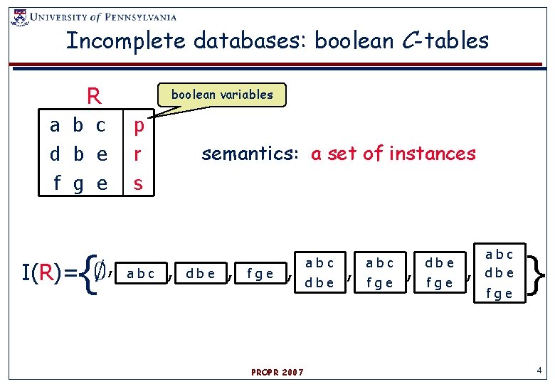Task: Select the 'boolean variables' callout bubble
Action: pos(222,95)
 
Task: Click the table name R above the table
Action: pos(92,95)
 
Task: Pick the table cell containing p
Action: pos(139,126)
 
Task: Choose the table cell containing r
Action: pos(139,154)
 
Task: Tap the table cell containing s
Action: pos(139,183)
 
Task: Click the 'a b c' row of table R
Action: pos(78,126)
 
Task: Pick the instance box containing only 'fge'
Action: pos(259,274)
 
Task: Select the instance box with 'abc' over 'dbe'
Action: pos(319,272)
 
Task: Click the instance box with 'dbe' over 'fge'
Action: pos(439,272)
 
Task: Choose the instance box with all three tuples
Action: pos(499,273)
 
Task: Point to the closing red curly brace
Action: pos(539,274)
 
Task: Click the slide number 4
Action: pos(539,370)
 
